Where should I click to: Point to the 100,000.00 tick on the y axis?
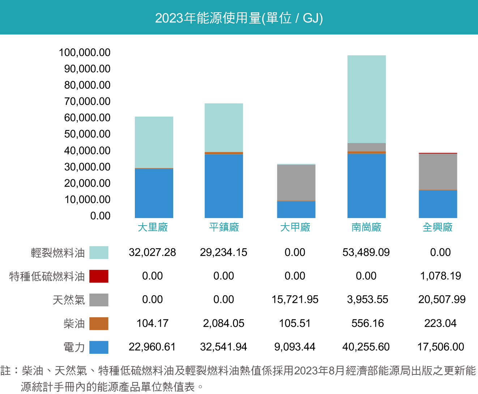(x=85, y=53)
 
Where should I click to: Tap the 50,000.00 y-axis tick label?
(x=87, y=134)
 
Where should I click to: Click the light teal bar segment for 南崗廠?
(x=366, y=99)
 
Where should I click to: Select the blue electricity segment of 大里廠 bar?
(x=154, y=193)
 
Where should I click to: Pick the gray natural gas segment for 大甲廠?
(x=296, y=183)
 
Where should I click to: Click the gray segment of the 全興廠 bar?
(x=438, y=172)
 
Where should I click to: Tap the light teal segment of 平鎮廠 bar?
(x=223, y=127)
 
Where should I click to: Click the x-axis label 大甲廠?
(x=295, y=227)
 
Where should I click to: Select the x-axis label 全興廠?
(x=438, y=227)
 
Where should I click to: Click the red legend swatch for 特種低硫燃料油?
(x=99, y=276)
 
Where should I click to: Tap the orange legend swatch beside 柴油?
(x=99, y=323)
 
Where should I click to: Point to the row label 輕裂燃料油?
(x=57, y=252)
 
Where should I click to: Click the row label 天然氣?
(x=69, y=300)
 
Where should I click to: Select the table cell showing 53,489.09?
(x=366, y=252)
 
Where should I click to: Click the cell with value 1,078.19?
(x=440, y=276)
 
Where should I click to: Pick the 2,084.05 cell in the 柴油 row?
(x=223, y=323)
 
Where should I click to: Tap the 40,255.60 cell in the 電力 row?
(x=366, y=347)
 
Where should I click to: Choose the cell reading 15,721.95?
(x=295, y=299)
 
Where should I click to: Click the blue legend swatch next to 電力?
(x=99, y=347)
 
